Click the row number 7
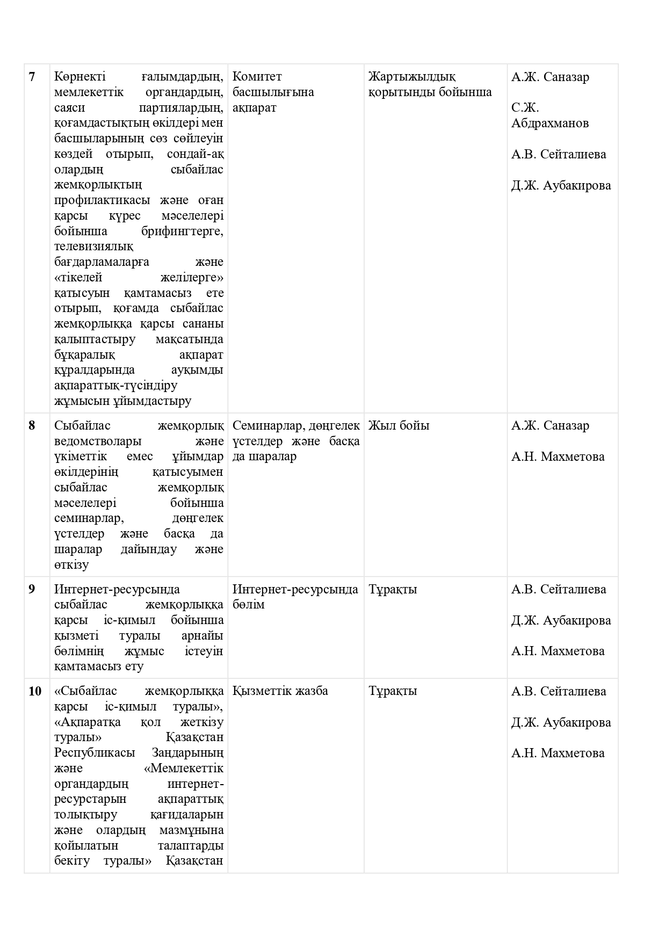tap(32, 77)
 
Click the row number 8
tap(32, 425)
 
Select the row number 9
tap(32, 589)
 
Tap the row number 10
tap(34, 691)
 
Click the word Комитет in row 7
tap(257, 77)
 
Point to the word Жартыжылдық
tap(412, 77)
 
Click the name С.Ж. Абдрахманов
tap(549, 115)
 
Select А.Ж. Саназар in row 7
tap(550, 77)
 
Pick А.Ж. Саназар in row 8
tap(550, 425)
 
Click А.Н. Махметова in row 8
tap(558, 456)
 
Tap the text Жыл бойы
tap(399, 425)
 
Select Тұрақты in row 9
tap(393, 589)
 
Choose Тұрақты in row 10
tap(393, 691)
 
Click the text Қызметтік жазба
tap(280, 691)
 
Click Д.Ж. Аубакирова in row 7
tap(561, 185)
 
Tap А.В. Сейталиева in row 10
tap(559, 691)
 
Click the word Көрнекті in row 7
tap(79, 77)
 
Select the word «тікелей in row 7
tap(78, 278)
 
